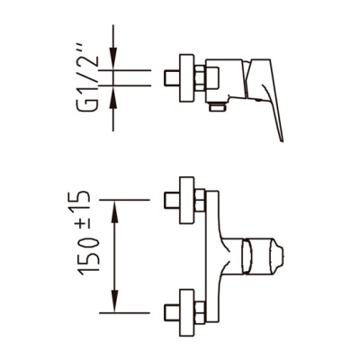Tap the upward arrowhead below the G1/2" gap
point(113,97)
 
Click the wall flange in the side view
point(186,78)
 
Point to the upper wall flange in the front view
point(186,200)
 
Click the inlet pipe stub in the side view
point(172,78)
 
